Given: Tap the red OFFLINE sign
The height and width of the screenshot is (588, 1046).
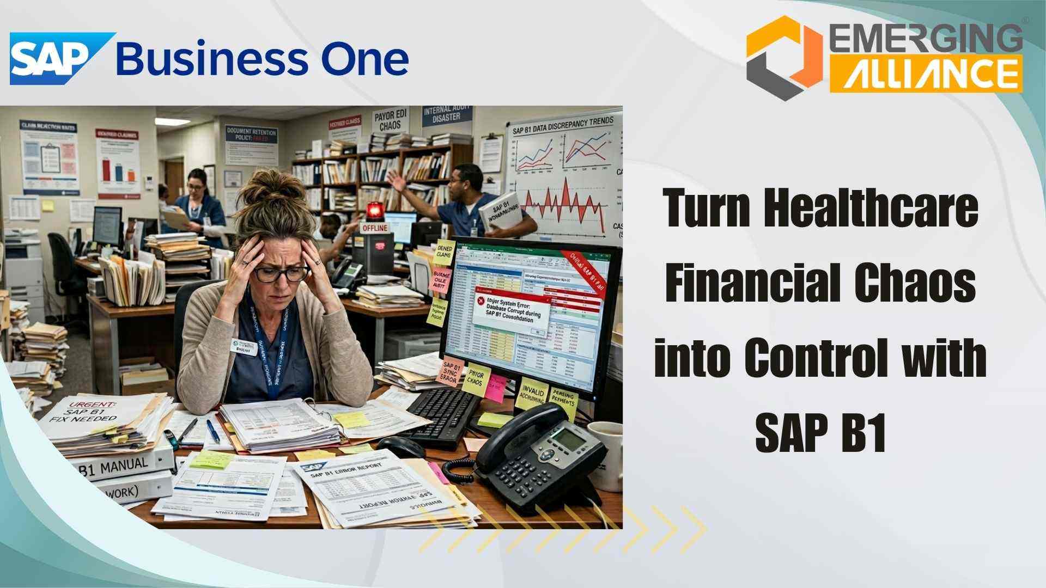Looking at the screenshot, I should coord(376,228).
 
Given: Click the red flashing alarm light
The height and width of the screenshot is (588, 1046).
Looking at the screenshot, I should coord(375,211).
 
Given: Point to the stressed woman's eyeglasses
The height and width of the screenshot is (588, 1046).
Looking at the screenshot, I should coord(281,273).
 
